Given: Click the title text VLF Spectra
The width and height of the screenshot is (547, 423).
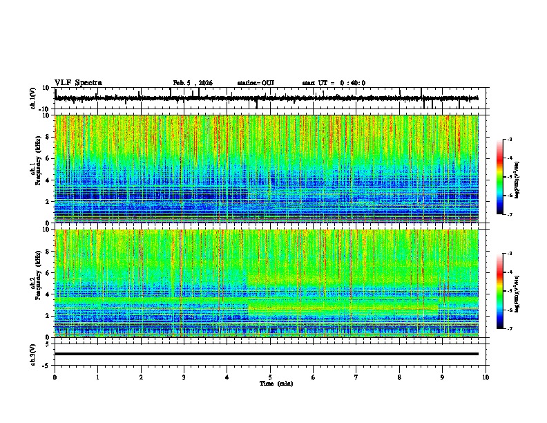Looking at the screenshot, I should pos(78,83).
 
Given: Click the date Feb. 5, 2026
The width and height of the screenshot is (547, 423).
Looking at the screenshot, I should pos(193,83).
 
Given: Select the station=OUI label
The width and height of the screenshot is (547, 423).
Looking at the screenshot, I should pos(256,83).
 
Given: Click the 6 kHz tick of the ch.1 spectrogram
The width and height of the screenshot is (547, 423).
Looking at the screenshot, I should pos(49,158).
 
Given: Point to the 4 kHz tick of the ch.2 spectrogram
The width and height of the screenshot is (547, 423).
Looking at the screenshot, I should pos(49,294).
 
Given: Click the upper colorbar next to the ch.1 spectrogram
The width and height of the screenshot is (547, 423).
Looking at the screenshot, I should pos(500,177).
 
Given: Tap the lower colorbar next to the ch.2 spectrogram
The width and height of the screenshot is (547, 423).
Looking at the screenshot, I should pos(500,291).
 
